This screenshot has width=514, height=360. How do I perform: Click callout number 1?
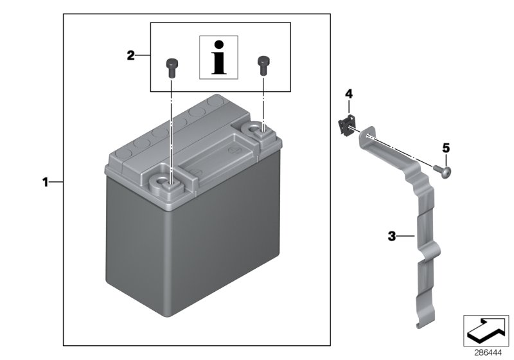[45, 183]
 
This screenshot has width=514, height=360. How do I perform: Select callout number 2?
[130, 56]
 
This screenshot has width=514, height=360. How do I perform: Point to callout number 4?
[349, 94]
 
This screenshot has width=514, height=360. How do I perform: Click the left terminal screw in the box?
[172, 65]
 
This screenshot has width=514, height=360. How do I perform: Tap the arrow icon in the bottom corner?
[486, 330]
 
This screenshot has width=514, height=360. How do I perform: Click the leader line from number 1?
[57, 183]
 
